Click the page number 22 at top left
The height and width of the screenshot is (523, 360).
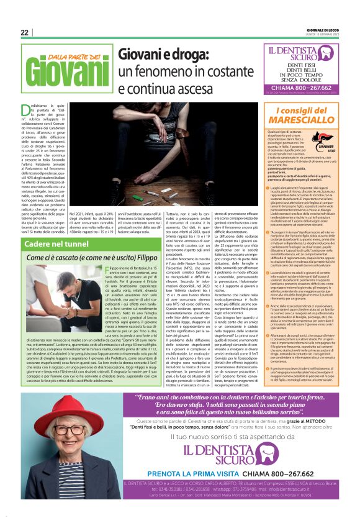(24, 33)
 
